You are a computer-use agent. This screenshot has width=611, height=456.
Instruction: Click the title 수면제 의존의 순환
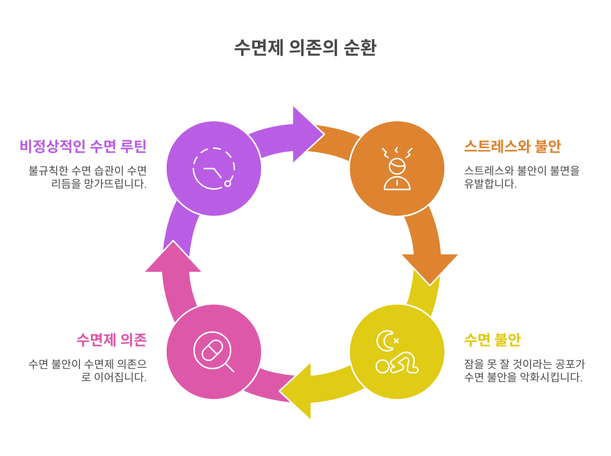[305, 48]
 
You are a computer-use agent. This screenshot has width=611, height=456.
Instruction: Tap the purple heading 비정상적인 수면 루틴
[83, 146]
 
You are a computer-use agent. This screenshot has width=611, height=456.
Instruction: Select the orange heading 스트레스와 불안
[512, 146]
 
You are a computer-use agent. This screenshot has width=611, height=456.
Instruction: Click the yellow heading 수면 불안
[492, 340]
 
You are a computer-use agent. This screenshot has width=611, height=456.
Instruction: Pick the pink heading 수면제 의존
[111, 340]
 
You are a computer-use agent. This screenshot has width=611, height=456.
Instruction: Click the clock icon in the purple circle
[214, 168]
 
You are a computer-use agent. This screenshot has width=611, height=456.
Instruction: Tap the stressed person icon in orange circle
[397, 169]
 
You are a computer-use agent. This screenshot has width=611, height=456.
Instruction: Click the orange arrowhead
[430, 268]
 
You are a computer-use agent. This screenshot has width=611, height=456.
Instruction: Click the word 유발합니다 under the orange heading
[490, 184]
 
